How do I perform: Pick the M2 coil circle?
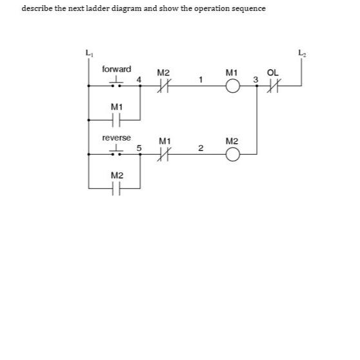pos(233,154)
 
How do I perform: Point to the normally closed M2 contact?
pos(163,84)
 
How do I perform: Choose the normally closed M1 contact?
pos(163,154)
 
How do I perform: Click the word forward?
pos(116,69)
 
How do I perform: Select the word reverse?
pos(116,138)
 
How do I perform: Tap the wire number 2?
pos(201,149)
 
